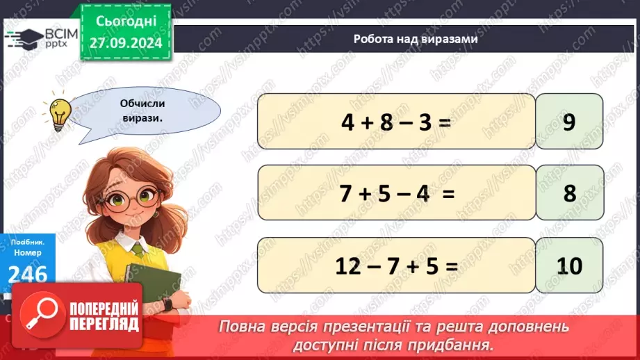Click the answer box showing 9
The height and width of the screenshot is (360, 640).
click(569, 121)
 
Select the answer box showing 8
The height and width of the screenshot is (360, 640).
click(569, 193)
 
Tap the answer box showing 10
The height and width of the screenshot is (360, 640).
click(569, 265)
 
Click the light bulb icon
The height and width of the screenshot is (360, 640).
click(58, 113)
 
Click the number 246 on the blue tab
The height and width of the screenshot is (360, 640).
click(28, 275)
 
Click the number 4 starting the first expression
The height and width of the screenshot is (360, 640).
click(347, 122)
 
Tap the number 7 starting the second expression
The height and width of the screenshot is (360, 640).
click(345, 194)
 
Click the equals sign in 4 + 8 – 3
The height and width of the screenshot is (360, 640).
click(445, 122)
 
